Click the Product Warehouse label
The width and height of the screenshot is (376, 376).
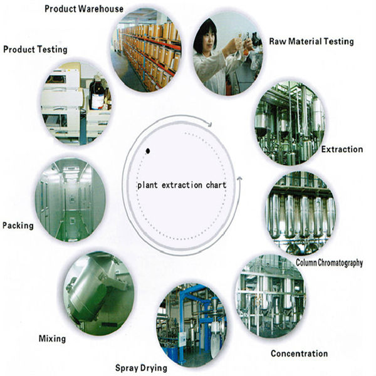(84, 9)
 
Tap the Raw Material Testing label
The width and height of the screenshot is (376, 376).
(311, 41)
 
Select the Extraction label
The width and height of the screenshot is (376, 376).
(342, 149)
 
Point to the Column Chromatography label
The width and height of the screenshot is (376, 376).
(329, 263)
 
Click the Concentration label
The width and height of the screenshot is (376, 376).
(300, 353)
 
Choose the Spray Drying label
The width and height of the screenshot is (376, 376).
(141, 368)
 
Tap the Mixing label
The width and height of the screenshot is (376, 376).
(52, 339)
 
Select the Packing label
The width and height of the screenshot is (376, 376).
(18, 226)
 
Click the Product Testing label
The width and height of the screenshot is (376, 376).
(35, 50)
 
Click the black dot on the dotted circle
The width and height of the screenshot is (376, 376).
(148, 151)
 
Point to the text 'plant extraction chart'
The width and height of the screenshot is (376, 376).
(182, 185)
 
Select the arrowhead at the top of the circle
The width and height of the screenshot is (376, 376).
(210, 124)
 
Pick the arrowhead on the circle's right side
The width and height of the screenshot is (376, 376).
(239, 179)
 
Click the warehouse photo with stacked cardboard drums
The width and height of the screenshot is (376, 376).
(146, 50)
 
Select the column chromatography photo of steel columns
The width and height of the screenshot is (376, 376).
(301, 213)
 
